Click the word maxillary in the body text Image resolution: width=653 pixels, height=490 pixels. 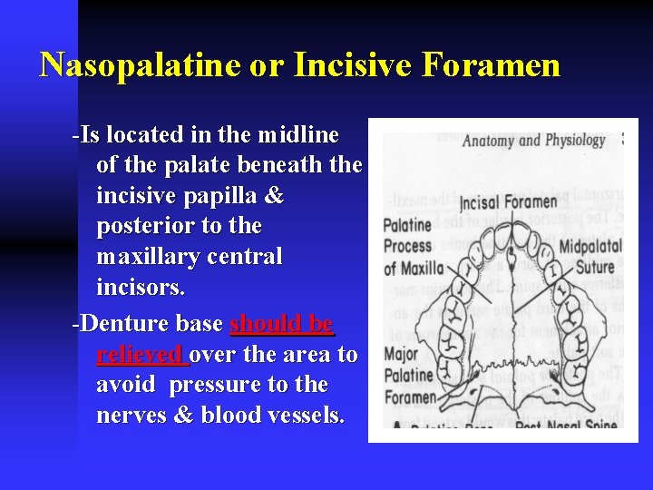coord(146,257)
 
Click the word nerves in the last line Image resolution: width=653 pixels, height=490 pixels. coord(127,415)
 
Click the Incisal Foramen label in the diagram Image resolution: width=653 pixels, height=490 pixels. coord(508,201)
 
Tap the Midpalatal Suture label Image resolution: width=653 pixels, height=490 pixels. coord(590,257)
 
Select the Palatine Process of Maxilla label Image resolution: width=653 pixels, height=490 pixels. coord(414,246)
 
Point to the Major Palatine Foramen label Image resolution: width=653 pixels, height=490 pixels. coord(410,375)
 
